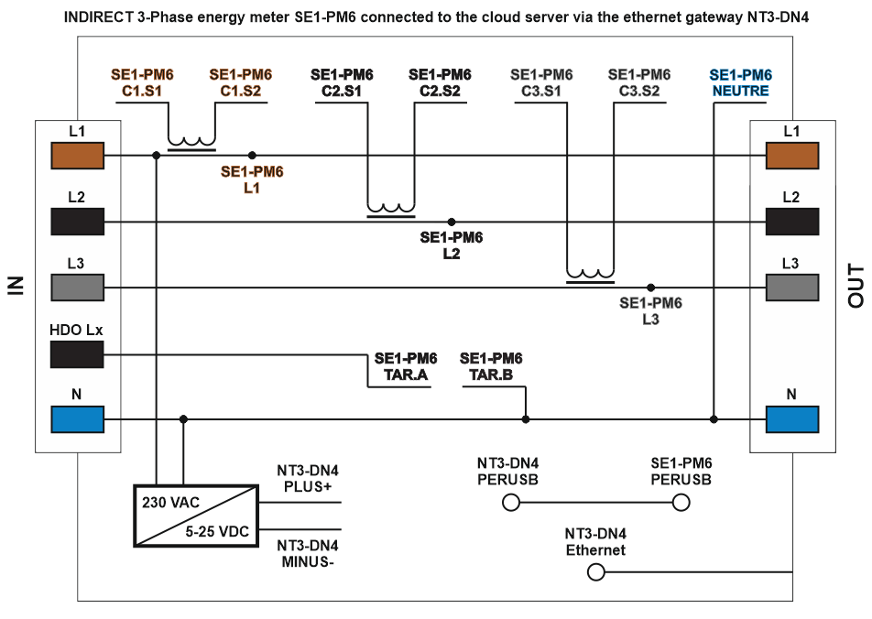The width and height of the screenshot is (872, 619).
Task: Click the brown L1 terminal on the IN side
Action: [78, 156]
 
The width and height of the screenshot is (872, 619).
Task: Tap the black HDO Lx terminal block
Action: [78, 353]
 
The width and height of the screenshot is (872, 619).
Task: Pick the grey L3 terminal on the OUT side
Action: [792, 288]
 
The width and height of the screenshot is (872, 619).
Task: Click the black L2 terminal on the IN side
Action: [78, 222]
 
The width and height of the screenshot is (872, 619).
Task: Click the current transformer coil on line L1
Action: [191, 143]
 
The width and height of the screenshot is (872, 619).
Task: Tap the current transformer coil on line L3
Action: [590, 274]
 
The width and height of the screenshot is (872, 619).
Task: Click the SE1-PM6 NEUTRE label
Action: [740, 83]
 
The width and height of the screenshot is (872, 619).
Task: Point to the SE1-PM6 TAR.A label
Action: [406, 365]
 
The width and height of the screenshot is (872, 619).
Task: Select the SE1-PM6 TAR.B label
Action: [491, 365]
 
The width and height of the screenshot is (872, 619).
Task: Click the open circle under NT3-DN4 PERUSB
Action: [511, 503]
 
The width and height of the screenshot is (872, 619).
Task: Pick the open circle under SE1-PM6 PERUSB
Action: [681, 503]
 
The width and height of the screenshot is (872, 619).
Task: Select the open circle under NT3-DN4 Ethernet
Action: [595, 572]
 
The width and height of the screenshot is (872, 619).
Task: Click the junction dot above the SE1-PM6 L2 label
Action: [451, 222]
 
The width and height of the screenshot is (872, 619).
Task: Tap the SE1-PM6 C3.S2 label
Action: [639, 83]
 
